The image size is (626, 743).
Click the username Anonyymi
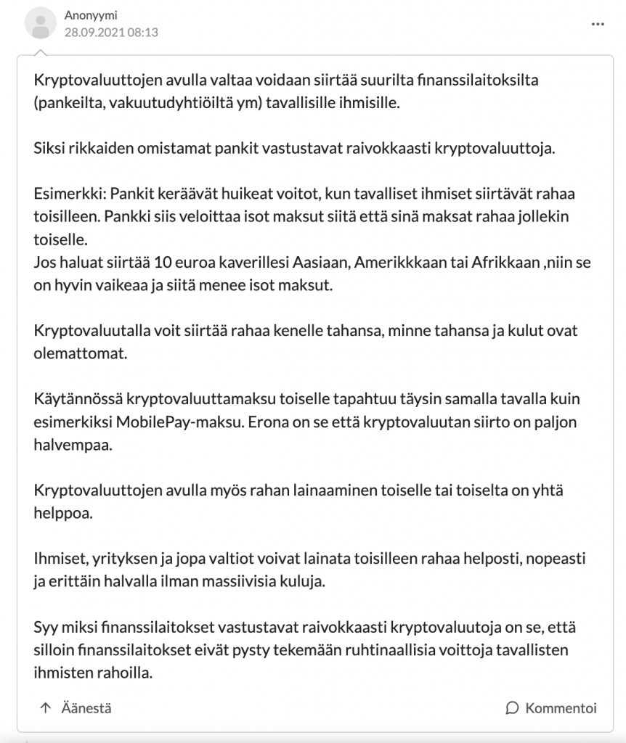(x=90, y=15)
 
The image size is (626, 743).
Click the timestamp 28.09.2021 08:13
(x=111, y=32)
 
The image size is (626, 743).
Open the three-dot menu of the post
(x=598, y=24)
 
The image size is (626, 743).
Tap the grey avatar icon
(x=41, y=23)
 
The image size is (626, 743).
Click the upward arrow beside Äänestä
(x=46, y=707)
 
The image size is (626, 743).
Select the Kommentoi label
(x=561, y=707)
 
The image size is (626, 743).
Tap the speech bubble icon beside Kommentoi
(x=512, y=707)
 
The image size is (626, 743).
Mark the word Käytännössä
(x=78, y=401)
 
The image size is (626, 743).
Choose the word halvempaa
(x=73, y=445)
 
